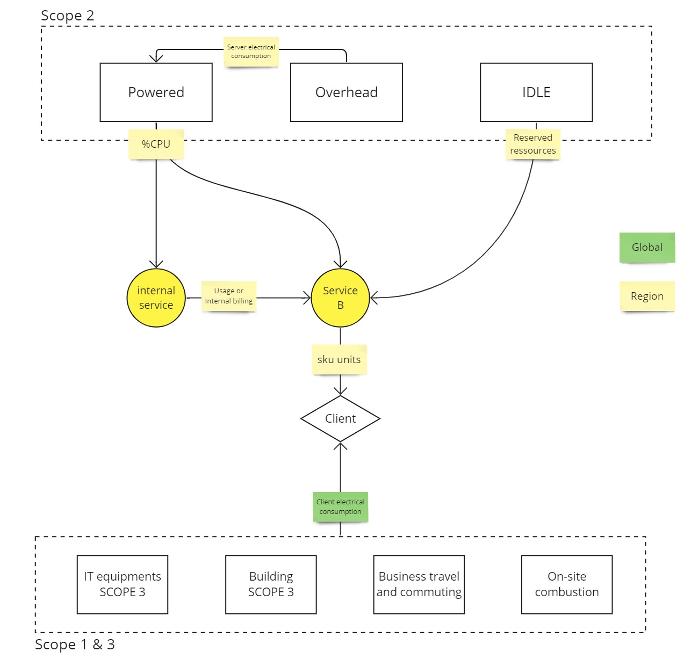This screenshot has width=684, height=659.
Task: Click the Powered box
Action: pos(156,92)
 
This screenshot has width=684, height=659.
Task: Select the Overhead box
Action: pos(346,92)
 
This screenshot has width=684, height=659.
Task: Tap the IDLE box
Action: pos(536,92)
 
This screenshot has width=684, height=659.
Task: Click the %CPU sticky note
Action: pos(156,144)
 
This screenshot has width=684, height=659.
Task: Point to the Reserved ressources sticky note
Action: pos(532,144)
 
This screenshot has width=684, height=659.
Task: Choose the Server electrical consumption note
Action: pos(251,52)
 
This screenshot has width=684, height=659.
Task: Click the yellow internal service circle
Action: pos(156,298)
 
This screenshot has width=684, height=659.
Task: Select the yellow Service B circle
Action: pos(340,298)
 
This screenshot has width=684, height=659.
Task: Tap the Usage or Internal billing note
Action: pos(228,296)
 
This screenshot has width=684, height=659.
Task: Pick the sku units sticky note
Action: pos(339,359)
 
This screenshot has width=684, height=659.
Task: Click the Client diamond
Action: pos(340,418)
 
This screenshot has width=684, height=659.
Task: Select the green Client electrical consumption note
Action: pos(340,506)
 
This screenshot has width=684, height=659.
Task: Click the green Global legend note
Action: pos(647,247)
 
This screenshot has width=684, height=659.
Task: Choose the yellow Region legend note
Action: pos(647,296)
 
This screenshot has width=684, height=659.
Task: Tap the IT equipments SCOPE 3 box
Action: pos(123,584)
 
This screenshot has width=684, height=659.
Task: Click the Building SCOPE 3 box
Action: pos(271,584)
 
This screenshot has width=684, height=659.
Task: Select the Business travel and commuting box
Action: pos(419,584)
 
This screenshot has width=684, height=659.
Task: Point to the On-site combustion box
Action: pos(567,584)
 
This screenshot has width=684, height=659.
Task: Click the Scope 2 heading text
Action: pos(68,16)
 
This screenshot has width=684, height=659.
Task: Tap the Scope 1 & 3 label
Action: pos(75,644)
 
